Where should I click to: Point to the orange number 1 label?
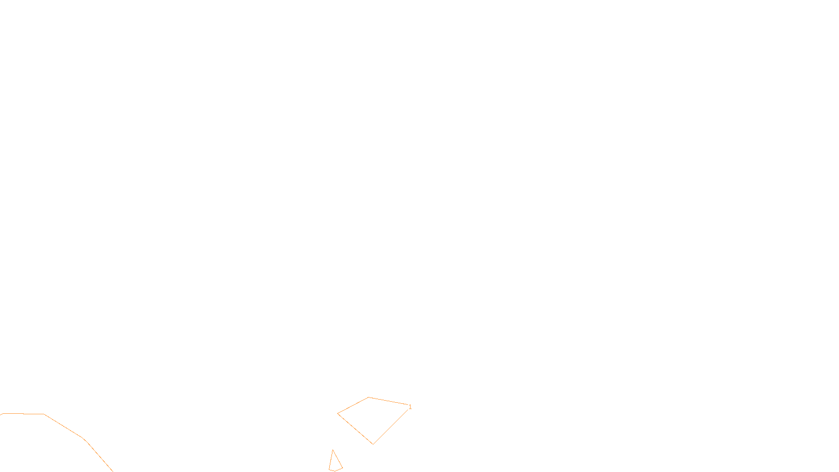coord(410,407)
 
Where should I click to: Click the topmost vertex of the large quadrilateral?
coord(369,398)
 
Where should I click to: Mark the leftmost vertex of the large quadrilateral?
coord(338,414)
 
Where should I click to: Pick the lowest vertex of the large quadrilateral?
coord(373,444)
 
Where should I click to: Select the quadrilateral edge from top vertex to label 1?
coord(389,401)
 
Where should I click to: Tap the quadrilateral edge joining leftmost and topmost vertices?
coord(353,405)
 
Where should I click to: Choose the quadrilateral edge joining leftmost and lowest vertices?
coord(355,429)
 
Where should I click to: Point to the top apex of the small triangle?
coord(332,450)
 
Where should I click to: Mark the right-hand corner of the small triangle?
coord(342,468)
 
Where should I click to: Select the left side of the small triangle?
coord(330,460)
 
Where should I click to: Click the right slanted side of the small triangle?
coord(338,459)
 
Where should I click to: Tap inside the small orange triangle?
coord(335,464)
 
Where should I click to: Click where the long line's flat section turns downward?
coord(44,414)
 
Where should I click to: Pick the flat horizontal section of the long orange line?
coord(24,414)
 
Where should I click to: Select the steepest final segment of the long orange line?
coord(99,456)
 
